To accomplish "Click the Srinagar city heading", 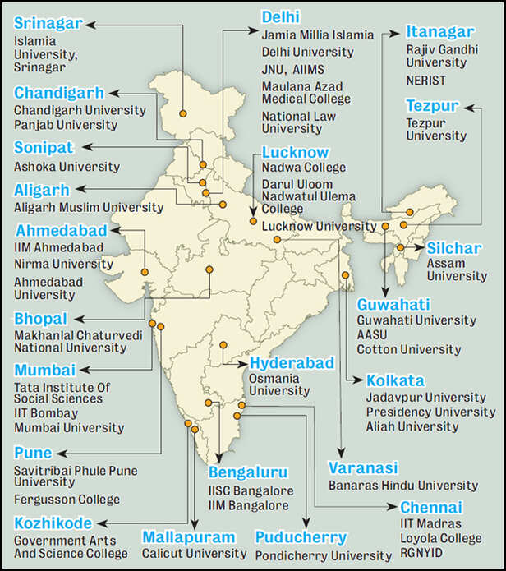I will click(x=48, y=23).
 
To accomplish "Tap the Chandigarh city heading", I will click(x=59, y=92).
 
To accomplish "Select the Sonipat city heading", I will click(x=44, y=148).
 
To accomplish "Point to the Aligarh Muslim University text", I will click(x=89, y=207).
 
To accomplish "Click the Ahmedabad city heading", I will click(x=61, y=230).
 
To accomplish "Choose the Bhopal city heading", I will click(x=40, y=318).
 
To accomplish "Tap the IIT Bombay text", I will click(x=46, y=413).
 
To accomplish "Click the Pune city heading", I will click(x=33, y=453).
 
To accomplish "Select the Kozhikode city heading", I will click(x=53, y=523).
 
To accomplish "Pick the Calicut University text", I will click(x=194, y=554).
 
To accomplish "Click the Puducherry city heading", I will click(x=301, y=537).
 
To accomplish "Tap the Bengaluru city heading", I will click(x=247, y=472).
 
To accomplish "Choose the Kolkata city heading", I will click(x=395, y=381).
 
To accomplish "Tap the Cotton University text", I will click(x=407, y=349).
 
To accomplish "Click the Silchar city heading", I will click(x=453, y=248).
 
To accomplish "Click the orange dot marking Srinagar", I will click(x=183, y=113).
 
